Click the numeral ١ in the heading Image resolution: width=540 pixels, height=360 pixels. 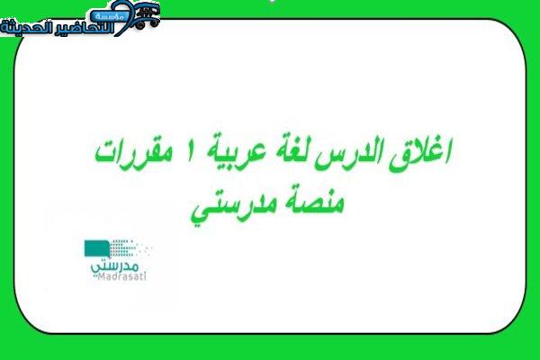(x=190, y=151)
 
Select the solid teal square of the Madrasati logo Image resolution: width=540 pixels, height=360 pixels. (x=97, y=248)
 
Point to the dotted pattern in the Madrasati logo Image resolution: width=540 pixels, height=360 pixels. (x=129, y=247)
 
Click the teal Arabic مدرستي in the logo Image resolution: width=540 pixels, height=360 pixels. (x=114, y=267)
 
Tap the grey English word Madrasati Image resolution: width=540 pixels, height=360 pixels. (x=121, y=276)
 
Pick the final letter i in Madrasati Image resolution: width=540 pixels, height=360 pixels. (x=145, y=276)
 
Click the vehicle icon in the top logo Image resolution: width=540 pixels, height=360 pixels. (x=148, y=15)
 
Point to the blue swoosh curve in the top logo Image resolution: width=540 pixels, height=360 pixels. (x=123, y=18)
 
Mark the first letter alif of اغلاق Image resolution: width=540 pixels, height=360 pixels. (x=446, y=151)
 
